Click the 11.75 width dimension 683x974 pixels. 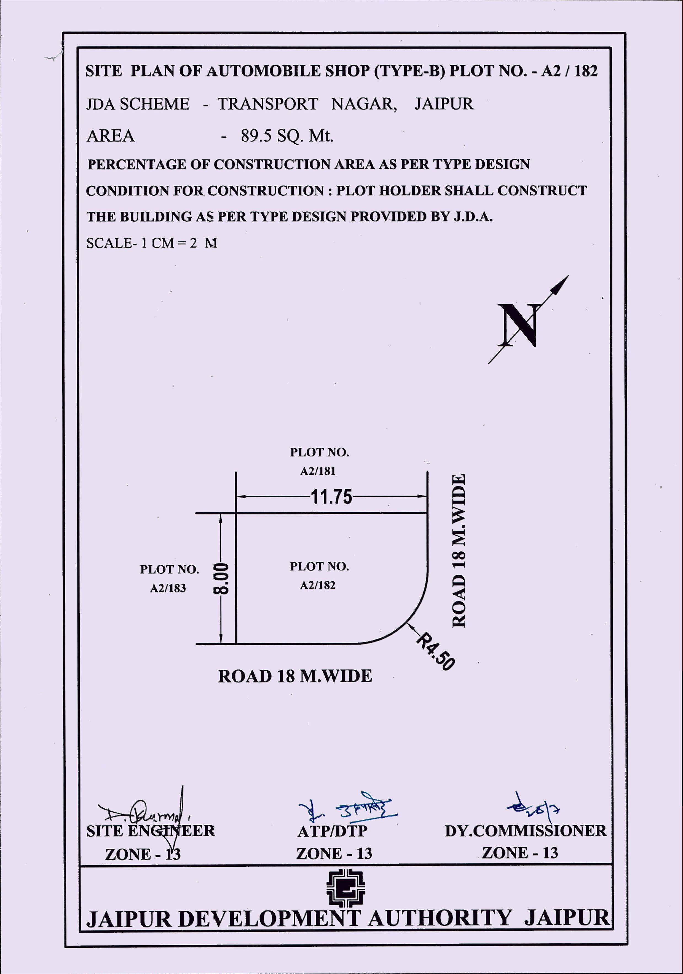[x=331, y=497]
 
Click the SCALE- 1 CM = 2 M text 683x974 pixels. [x=152, y=243]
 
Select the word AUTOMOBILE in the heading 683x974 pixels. [x=263, y=71]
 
